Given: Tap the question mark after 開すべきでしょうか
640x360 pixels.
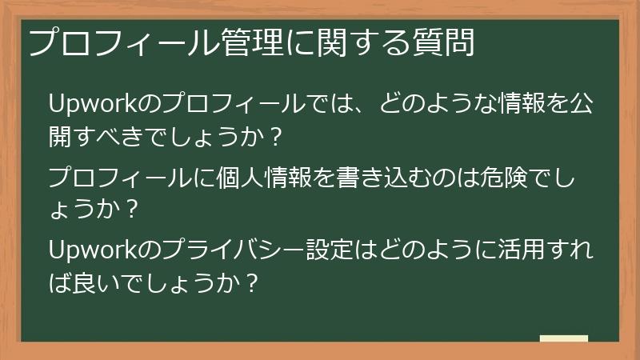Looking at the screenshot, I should click(275, 138).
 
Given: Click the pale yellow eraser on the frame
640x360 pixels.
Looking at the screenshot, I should click(564, 339).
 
